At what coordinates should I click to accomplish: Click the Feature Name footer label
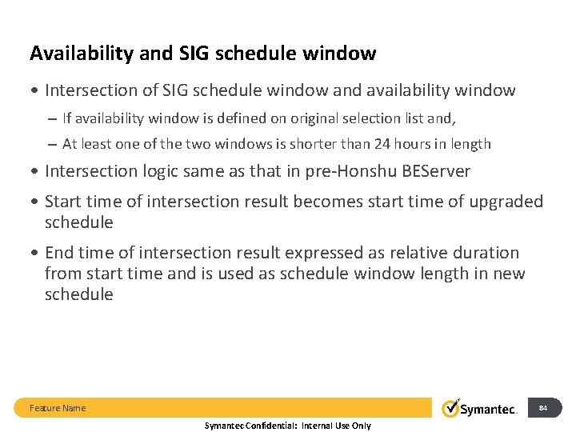[58, 408]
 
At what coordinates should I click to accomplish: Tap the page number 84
[543, 408]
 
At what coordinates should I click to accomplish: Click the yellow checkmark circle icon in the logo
[451, 408]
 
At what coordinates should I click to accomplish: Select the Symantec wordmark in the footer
[489, 410]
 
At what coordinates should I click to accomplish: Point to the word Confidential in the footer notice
[270, 426]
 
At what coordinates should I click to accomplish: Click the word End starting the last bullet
[60, 253]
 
